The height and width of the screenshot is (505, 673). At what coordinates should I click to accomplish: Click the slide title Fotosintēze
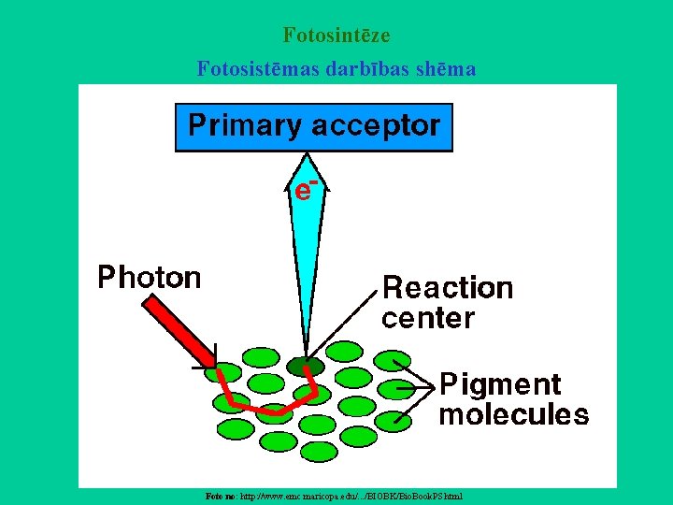(336, 36)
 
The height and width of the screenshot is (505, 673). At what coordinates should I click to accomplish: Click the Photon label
(150, 278)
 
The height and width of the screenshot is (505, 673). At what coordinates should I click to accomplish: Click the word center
(428, 318)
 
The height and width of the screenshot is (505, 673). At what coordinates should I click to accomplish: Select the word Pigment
(500, 384)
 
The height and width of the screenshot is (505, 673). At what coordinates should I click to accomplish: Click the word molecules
(514, 414)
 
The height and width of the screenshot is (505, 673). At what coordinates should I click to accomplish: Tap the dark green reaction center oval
(305, 367)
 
